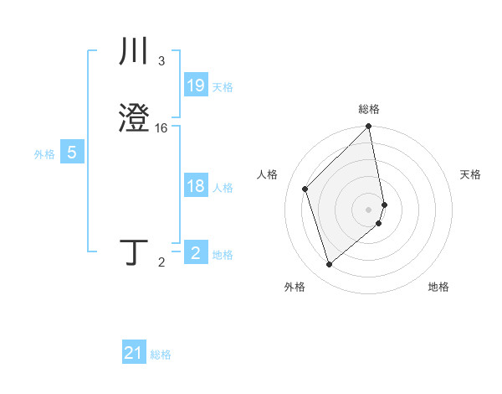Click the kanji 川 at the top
click(135, 52)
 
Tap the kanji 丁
click(135, 251)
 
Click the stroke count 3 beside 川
click(161, 61)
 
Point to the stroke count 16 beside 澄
click(161, 128)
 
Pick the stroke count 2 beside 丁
click(161, 262)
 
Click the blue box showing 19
click(196, 85)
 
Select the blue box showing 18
click(196, 186)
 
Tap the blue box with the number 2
click(196, 253)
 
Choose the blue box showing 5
click(72, 153)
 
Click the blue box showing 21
click(134, 353)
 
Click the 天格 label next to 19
click(223, 86)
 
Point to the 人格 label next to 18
click(223, 188)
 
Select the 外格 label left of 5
click(44, 154)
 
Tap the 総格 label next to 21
click(161, 355)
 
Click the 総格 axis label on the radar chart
click(369, 109)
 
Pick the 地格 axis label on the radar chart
click(438, 288)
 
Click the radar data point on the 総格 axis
click(369, 127)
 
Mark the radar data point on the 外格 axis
click(329, 265)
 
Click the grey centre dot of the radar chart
click(369, 208)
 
